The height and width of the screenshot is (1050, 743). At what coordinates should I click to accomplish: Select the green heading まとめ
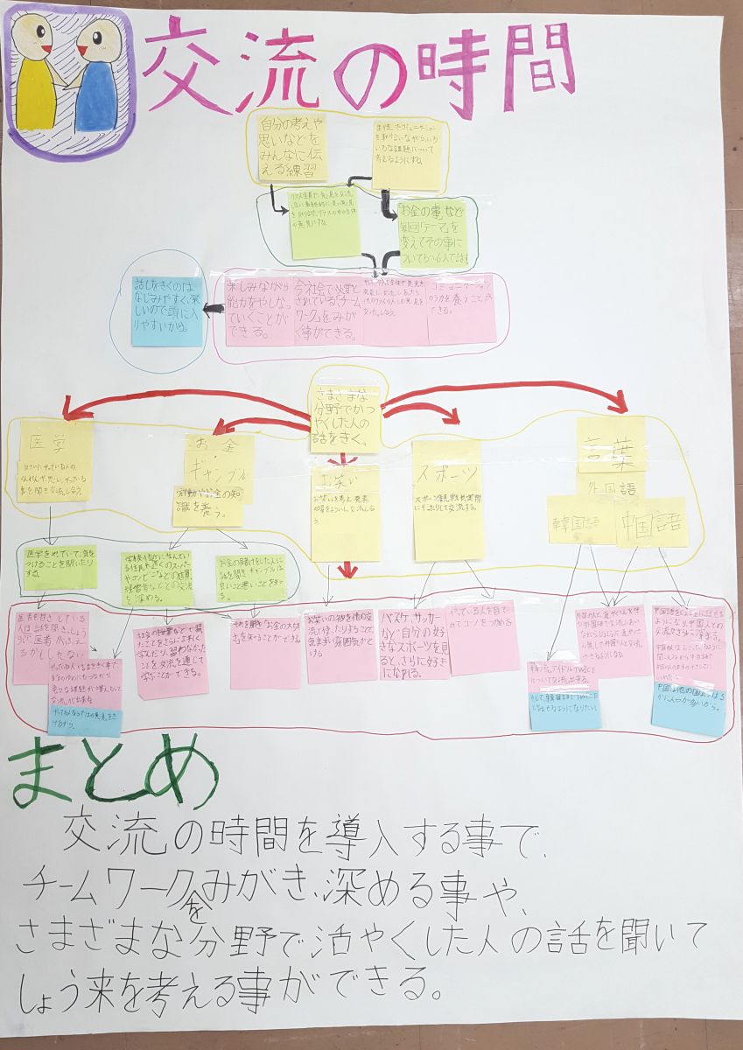coord(114,774)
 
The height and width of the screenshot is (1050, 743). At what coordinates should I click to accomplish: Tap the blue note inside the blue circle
coord(166,310)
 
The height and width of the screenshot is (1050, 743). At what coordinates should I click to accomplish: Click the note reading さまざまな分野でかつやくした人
coord(346,416)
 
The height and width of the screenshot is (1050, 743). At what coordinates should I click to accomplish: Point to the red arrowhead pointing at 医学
coord(68,407)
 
